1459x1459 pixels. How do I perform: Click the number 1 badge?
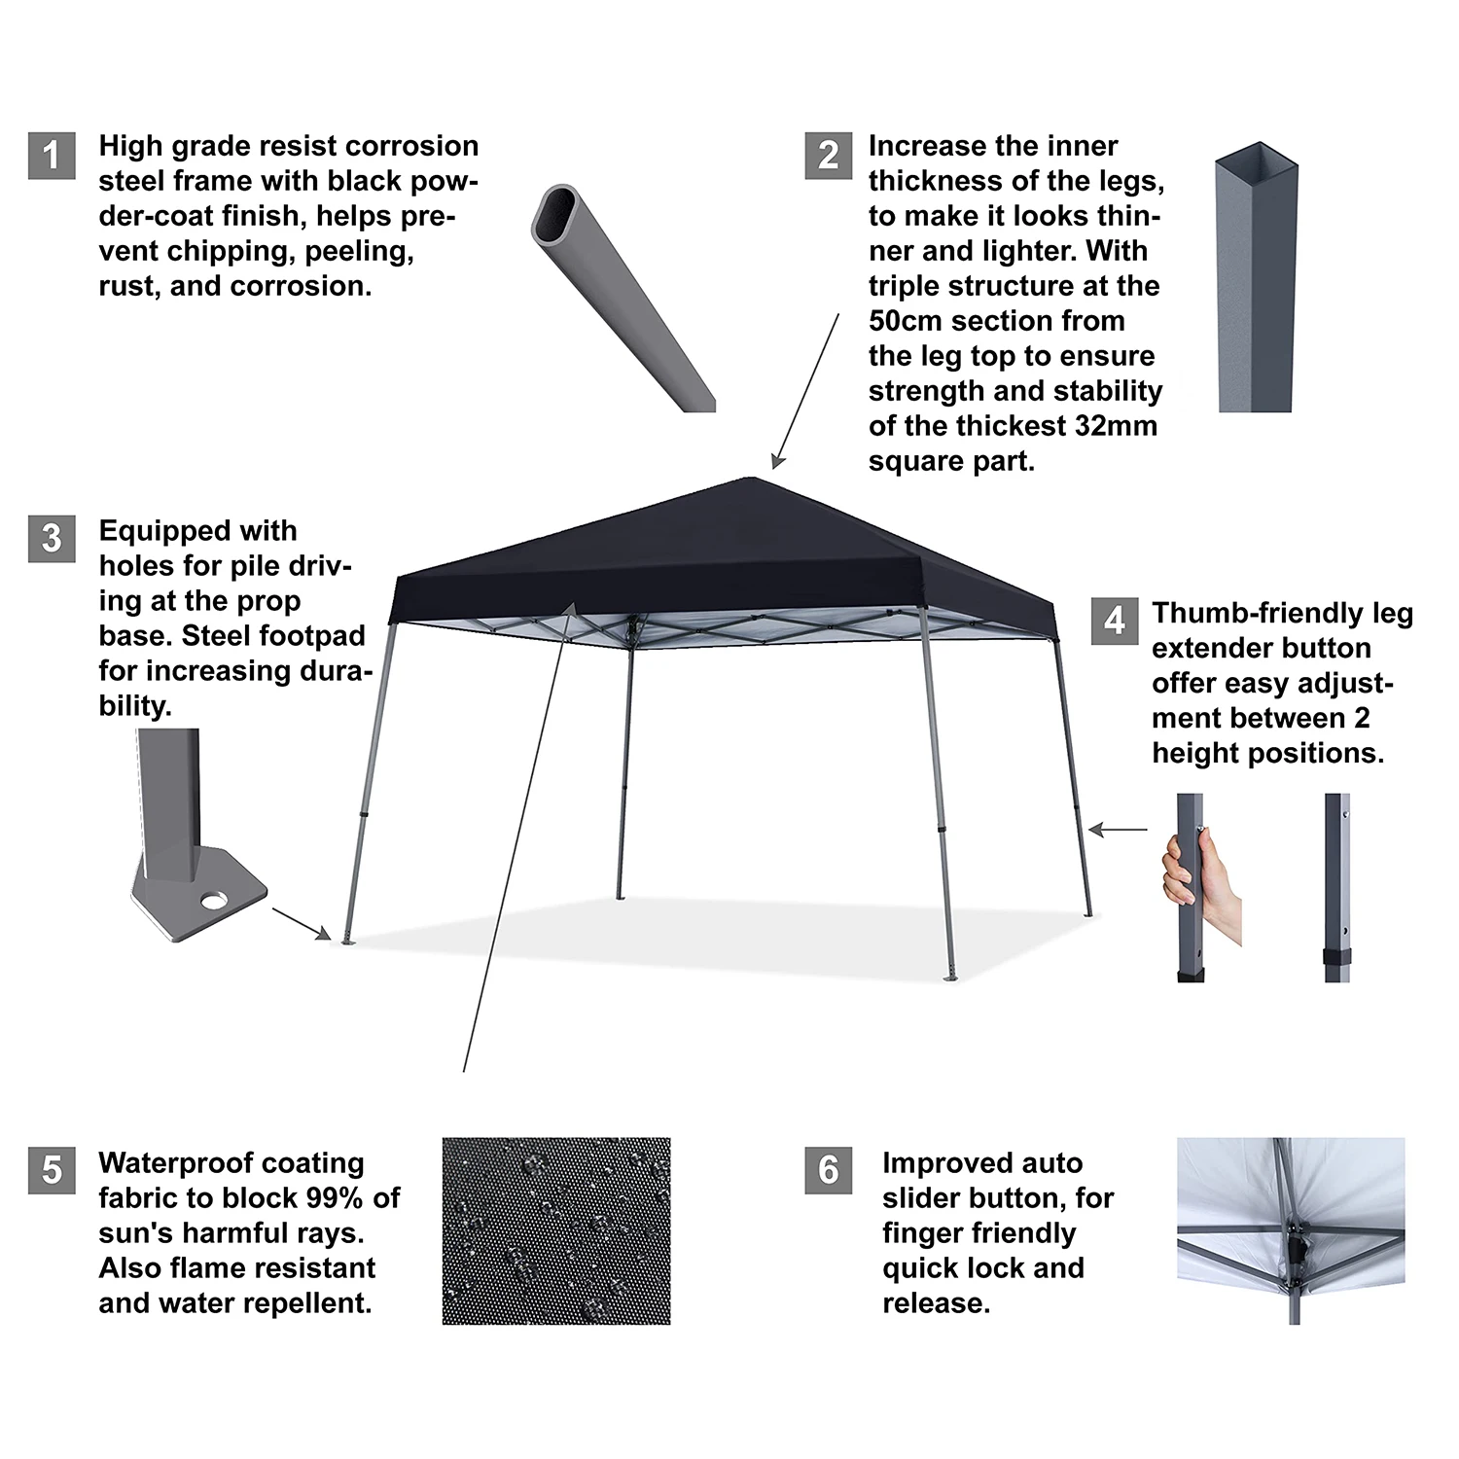pos(52,156)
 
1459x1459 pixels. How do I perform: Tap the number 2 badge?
pos(828,156)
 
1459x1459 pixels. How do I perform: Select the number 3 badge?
pos(52,538)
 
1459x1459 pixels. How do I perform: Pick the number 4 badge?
pos(1114,621)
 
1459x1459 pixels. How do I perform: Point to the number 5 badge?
pos(52,1169)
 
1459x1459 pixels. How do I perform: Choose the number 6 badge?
pos(828,1169)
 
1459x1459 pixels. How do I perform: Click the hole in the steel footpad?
pos(214,900)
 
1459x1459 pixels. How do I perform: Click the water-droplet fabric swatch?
pos(555,1230)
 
